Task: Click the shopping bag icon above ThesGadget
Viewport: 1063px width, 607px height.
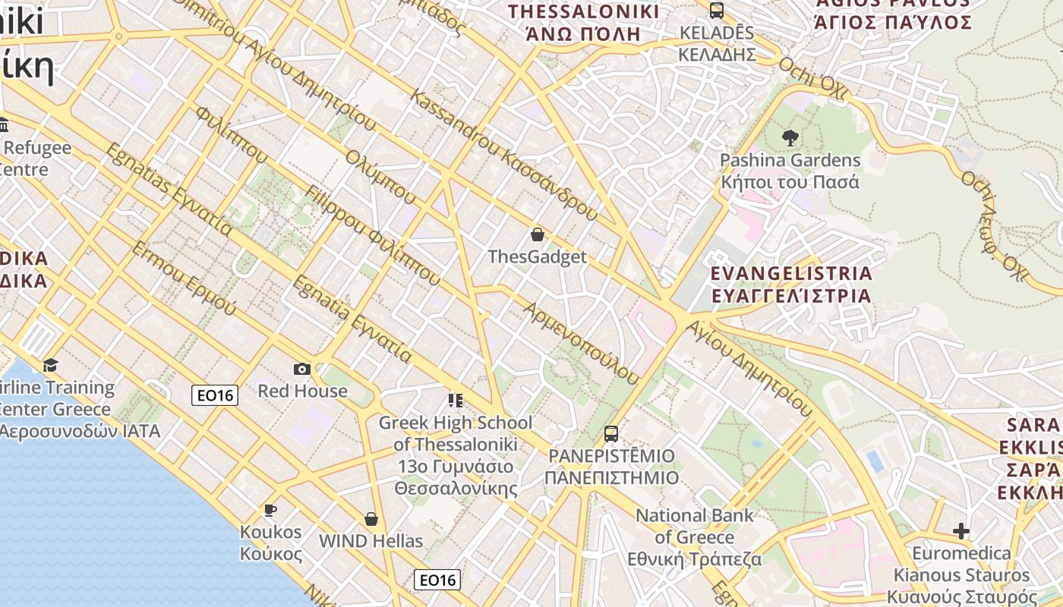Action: point(538,234)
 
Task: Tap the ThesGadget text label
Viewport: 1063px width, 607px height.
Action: point(538,256)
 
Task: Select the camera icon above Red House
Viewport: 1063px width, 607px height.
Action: point(302,369)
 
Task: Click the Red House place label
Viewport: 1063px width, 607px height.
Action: point(302,391)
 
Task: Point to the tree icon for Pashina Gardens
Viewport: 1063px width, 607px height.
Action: point(790,138)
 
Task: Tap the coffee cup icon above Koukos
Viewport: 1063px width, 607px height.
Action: point(270,510)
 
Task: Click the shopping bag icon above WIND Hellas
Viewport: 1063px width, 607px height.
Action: point(371,519)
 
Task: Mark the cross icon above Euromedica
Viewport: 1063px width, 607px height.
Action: point(961,531)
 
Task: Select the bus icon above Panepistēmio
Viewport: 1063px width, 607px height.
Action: point(611,434)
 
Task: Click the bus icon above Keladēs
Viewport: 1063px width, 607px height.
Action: point(716,11)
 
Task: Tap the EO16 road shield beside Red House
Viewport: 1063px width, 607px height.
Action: point(215,395)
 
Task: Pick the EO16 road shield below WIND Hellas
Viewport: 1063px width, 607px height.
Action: point(438,580)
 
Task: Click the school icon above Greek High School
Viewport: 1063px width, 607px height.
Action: point(456,400)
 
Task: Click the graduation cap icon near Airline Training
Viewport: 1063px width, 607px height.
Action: point(50,366)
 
